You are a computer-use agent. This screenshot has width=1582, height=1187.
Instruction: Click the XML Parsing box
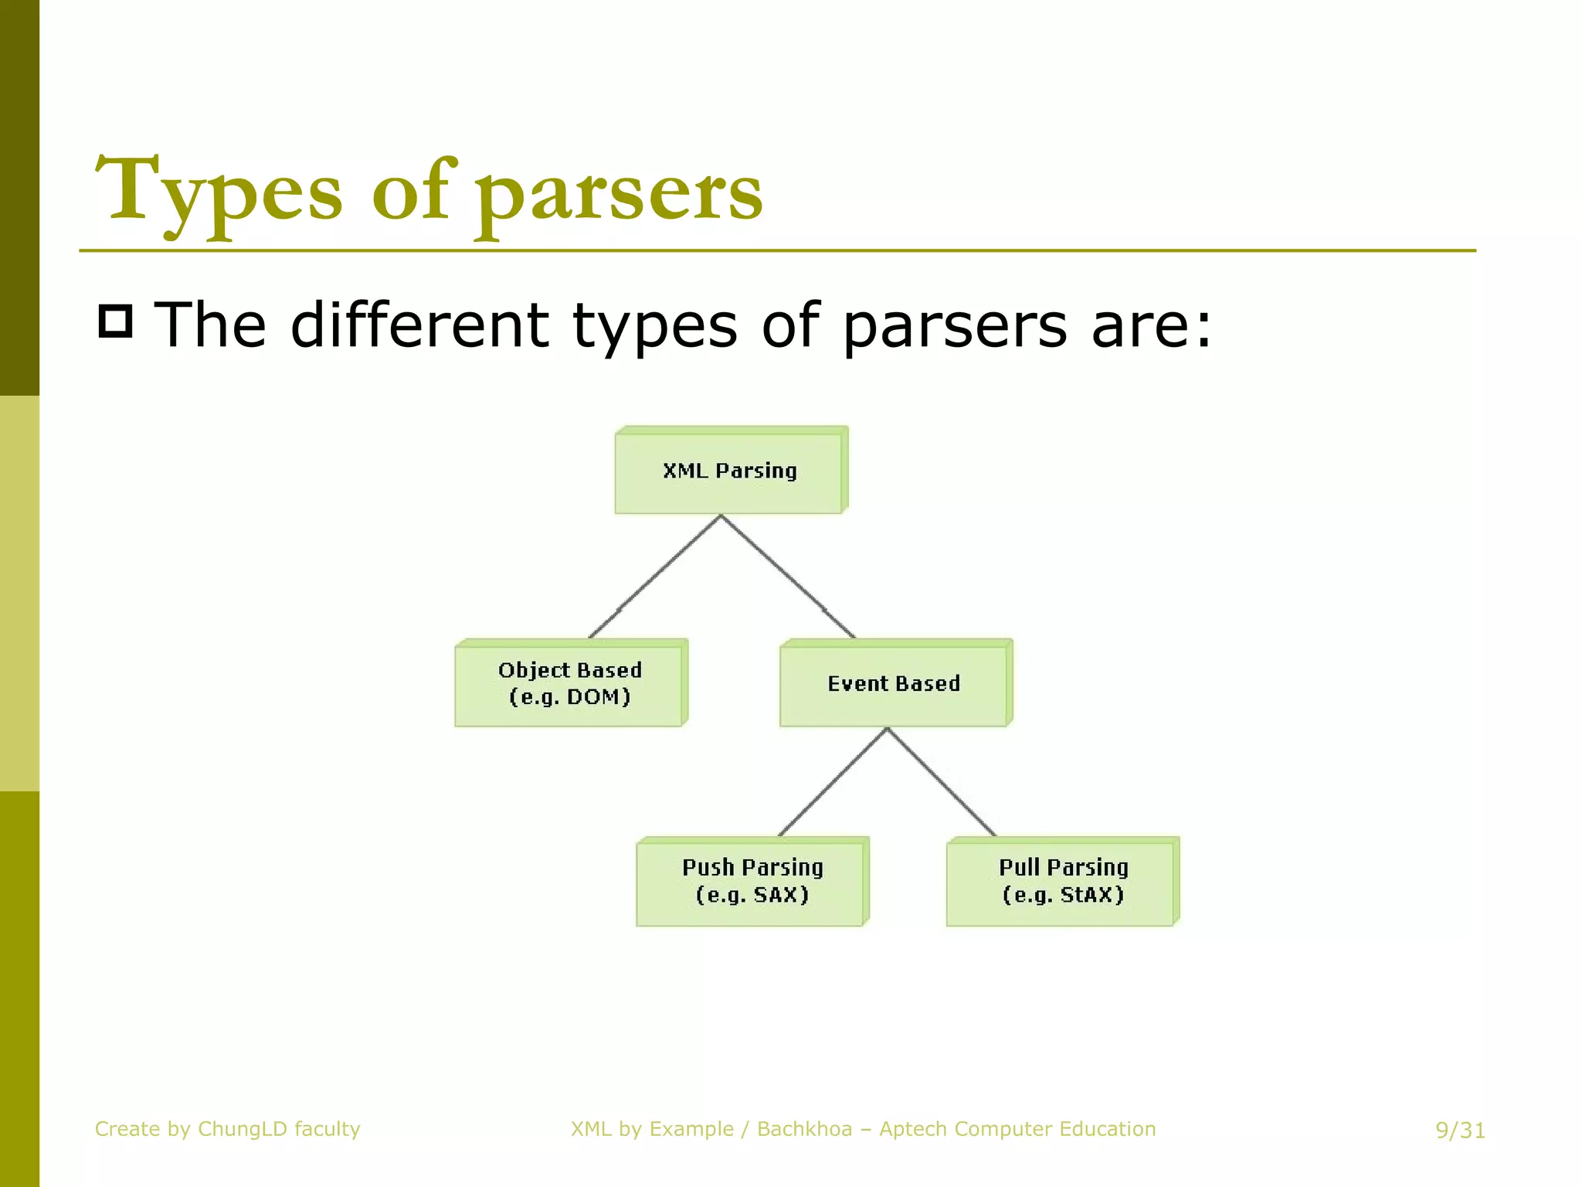point(729,471)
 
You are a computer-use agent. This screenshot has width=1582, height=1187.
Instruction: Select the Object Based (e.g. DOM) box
point(569,684)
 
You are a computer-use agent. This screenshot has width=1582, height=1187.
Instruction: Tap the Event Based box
point(894,684)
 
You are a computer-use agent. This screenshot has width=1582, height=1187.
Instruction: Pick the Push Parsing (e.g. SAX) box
point(751,882)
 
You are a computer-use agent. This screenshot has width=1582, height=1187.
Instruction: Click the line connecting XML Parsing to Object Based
point(655,576)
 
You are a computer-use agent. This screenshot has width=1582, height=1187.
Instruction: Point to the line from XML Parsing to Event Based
point(788,576)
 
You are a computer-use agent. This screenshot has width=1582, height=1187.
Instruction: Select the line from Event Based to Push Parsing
point(833,782)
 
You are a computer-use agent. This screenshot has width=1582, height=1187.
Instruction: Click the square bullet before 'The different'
point(116,321)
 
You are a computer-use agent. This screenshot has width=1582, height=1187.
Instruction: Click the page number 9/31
point(1460,1131)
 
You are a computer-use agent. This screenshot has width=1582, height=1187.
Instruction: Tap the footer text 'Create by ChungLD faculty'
point(227,1129)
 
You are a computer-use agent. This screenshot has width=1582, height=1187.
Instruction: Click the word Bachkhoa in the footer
point(804,1129)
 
